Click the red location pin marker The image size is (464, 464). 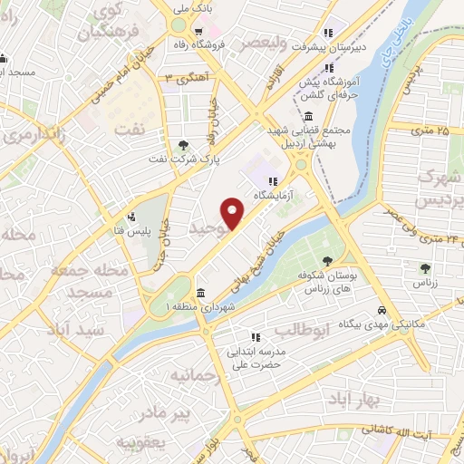[x=234, y=214]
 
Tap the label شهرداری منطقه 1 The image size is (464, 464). [x=168, y=308]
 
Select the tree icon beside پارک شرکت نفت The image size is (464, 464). [x=184, y=145]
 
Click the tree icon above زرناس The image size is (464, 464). [x=425, y=267]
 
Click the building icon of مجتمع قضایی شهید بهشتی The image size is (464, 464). [x=309, y=117]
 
